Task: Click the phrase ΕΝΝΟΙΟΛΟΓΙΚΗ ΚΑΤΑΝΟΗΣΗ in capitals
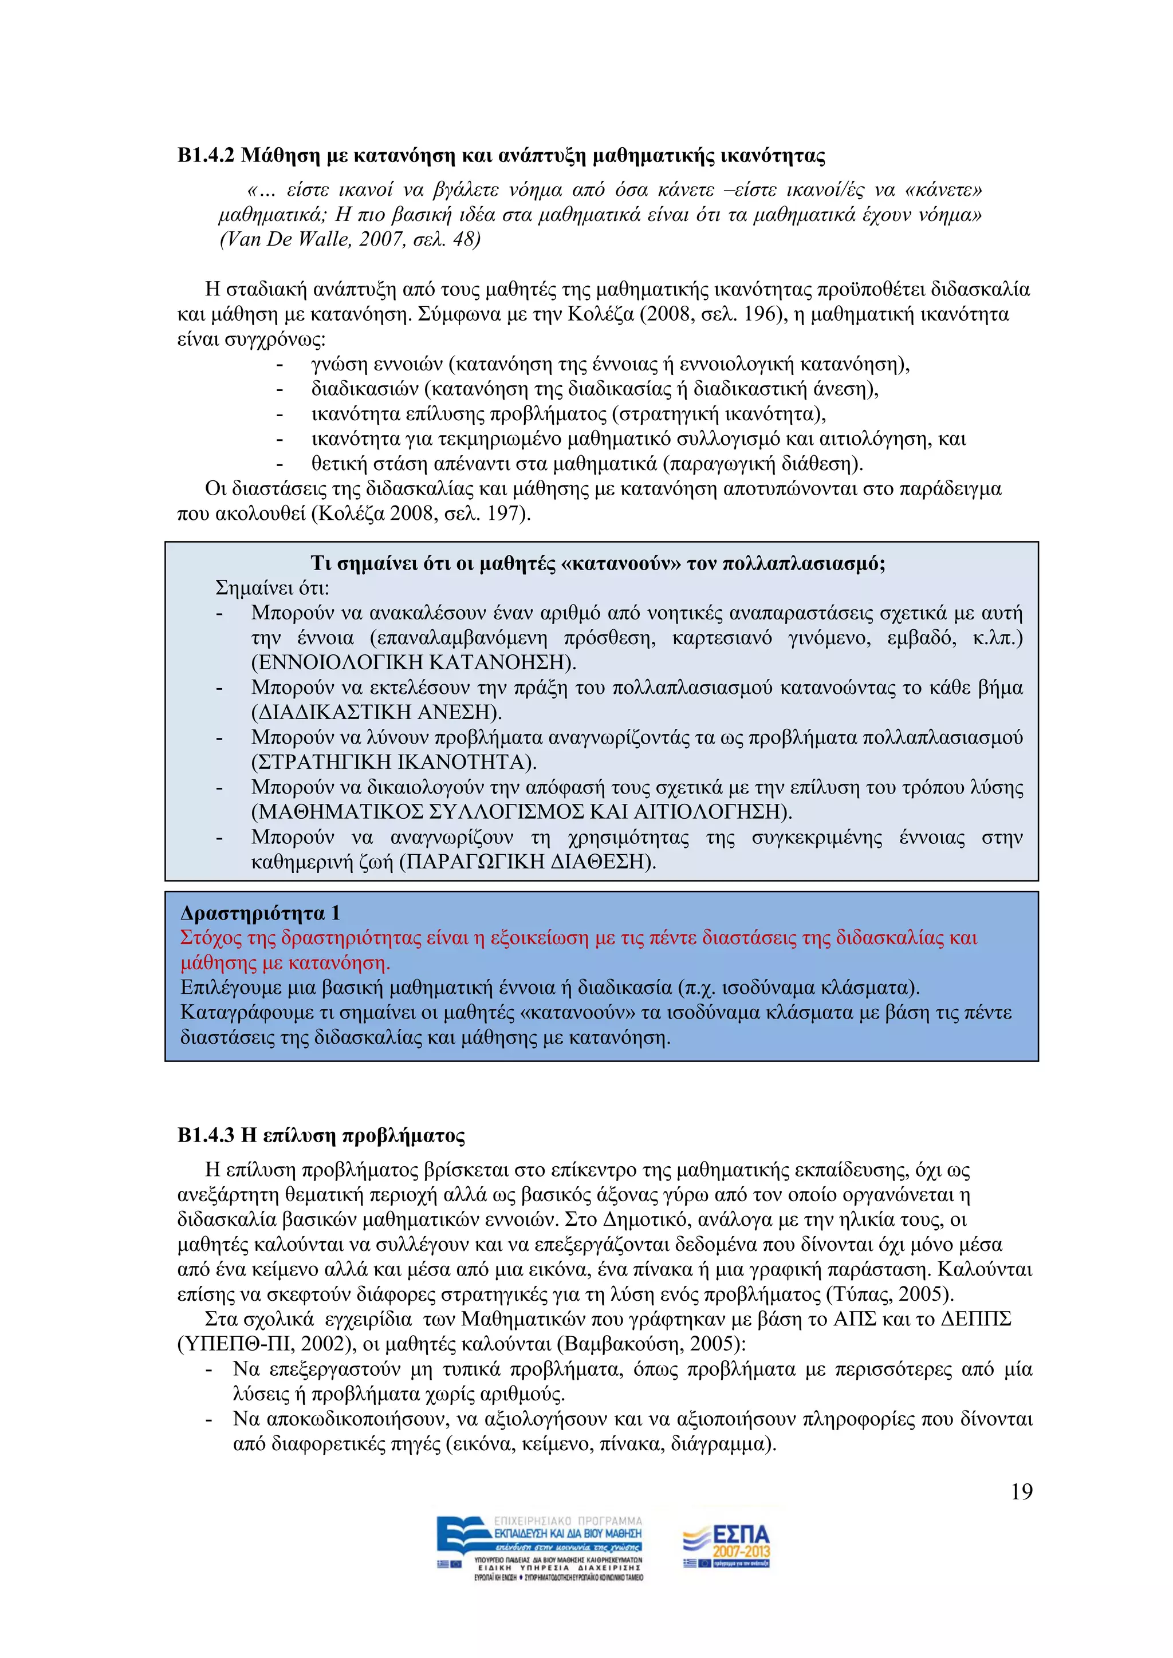412,662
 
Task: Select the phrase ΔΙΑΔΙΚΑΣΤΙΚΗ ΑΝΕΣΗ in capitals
376,712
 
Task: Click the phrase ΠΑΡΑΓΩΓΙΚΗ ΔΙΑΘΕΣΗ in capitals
528,862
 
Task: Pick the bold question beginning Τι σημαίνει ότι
598,563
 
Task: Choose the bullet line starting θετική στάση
586,464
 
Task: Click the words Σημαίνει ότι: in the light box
272,588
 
